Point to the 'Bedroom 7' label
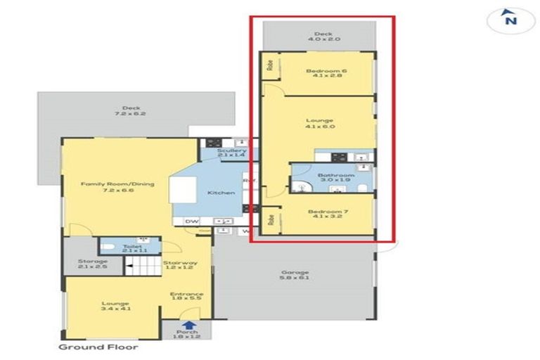pyautogui.click(x=326, y=213)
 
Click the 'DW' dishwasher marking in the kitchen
pyautogui.click(x=190, y=221)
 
